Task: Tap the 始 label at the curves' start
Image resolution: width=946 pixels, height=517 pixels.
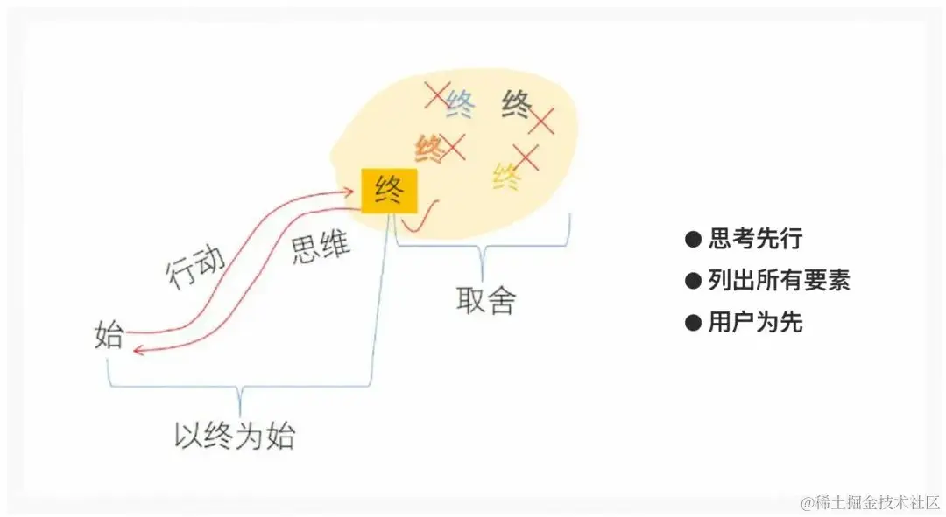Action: click(x=109, y=336)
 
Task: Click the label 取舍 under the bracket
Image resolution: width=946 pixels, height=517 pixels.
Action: click(x=486, y=300)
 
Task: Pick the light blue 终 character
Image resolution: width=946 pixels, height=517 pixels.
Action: click(x=459, y=104)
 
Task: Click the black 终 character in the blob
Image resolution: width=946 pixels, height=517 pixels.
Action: click(x=517, y=105)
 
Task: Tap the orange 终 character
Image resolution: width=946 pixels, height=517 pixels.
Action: click(x=429, y=147)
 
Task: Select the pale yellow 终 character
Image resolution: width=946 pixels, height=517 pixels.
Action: click(x=506, y=178)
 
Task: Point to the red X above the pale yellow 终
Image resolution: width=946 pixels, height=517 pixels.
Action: click(x=526, y=157)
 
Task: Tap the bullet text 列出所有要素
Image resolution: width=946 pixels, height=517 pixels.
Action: click(x=779, y=280)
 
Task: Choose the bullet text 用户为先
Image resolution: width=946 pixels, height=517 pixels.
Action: click(x=755, y=323)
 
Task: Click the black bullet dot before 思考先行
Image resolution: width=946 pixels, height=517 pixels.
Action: click(x=693, y=238)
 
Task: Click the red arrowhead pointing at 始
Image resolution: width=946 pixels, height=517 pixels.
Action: click(x=134, y=351)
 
